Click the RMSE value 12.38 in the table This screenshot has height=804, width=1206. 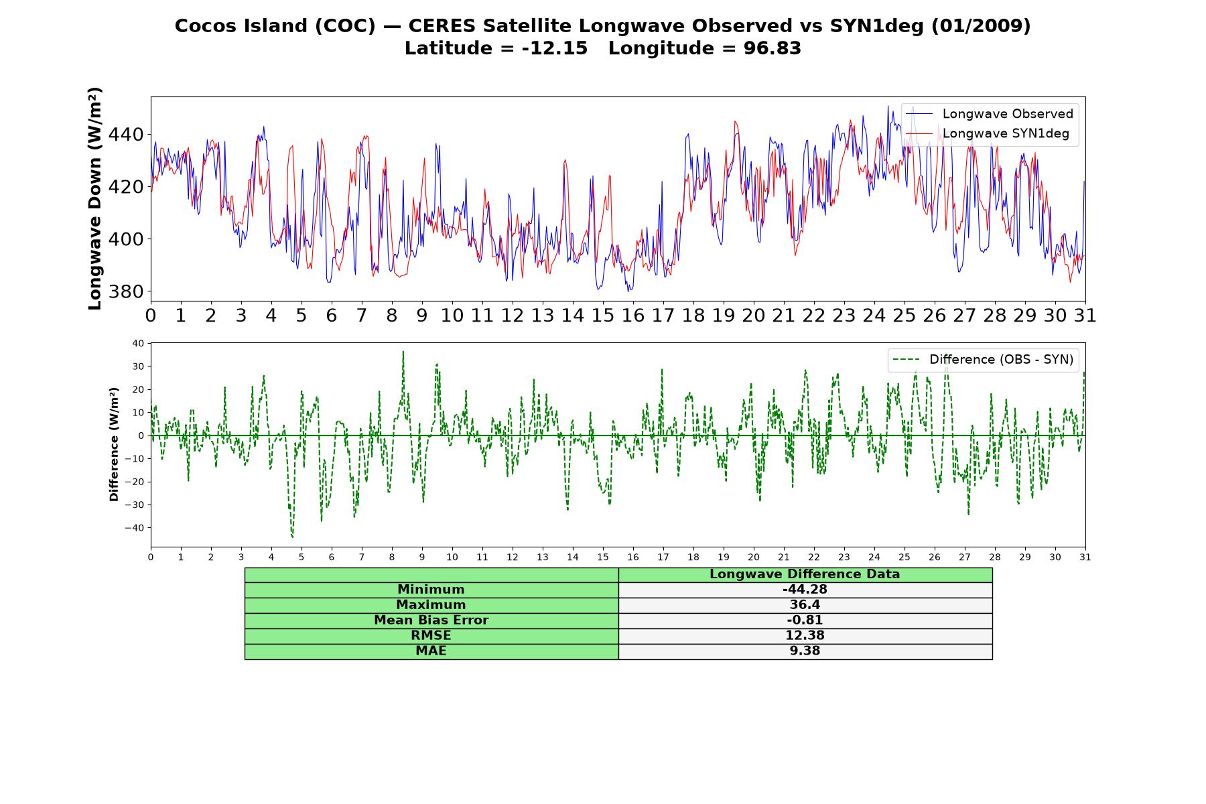pos(805,635)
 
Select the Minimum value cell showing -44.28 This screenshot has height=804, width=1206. pos(805,590)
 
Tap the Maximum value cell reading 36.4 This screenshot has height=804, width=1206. pos(805,605)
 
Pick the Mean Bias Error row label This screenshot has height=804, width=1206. pos(431,620)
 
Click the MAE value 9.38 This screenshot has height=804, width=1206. pos(805,651)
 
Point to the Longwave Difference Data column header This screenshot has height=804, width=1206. pos(805,574)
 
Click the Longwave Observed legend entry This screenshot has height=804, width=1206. pos(990,114)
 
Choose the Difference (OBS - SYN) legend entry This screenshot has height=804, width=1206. pos(983,360)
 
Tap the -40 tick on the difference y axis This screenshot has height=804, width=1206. pos(134,528)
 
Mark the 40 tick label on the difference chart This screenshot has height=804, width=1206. pos(138,344)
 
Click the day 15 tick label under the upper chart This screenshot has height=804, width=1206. pos(602,316)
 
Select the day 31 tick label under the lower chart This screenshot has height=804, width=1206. pos(1085,557)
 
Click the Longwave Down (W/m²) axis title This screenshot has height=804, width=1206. pos(95,198)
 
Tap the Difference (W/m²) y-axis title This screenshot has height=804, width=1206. pos(114,444)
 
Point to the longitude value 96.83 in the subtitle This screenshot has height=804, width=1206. pos(773,48)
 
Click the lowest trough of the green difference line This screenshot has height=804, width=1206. pos(293,537)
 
